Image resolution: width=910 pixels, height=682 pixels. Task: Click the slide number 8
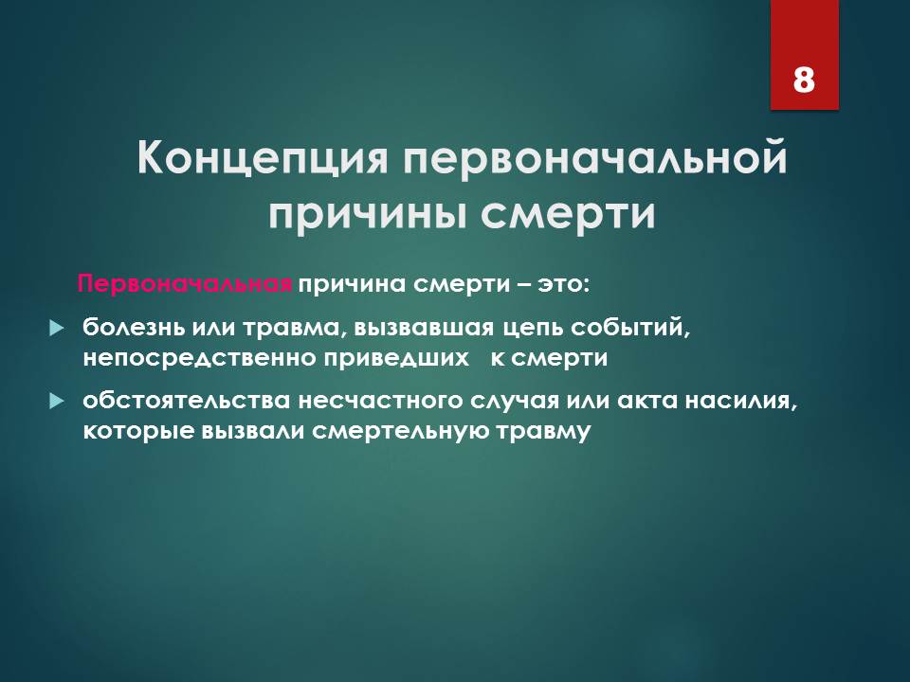(x=804, y=79)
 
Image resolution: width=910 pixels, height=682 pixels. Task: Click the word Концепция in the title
(x=263, y=158)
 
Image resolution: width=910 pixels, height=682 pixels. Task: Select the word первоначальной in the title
(x=595, y=158)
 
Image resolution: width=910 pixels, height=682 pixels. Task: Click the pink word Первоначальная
(x=184, y=284)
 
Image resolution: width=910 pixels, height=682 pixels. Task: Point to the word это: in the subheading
(x=563, y=285)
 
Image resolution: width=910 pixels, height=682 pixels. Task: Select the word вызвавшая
(x=424, y=328)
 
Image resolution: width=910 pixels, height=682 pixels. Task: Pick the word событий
(x=630, y=328)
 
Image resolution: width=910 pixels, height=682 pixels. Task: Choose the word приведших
(x=396, y=358)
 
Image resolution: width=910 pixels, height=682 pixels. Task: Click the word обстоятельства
(x=186, y=401)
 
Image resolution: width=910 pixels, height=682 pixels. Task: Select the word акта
(x=646, y=401)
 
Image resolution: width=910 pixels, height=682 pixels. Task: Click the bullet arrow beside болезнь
(x=56, y=329)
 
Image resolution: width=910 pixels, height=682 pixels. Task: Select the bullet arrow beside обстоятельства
(x=56, y=401)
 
